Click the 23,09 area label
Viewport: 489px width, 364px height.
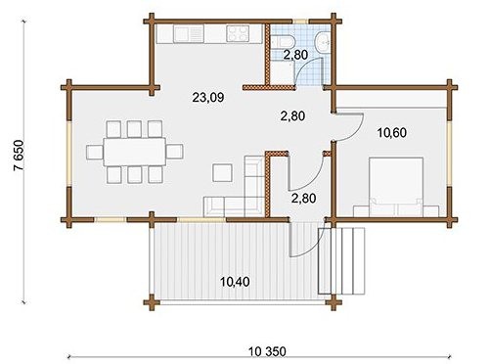(208, 97)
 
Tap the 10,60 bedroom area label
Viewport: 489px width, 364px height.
(391, 133)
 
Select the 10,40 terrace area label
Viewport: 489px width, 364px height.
(235, 281)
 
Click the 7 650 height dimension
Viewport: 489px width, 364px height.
(19, 156)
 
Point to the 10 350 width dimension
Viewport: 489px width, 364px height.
(267, 351)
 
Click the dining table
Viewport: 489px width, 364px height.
(135, 152)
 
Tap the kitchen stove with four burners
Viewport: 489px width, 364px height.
(237, 33)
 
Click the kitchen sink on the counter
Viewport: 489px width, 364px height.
(188, 34)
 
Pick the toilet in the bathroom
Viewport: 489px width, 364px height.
(284, 42)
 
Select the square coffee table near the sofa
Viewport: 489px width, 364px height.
(222, 173)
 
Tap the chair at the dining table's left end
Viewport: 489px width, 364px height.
(95, 152)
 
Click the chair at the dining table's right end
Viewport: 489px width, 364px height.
(175, 152)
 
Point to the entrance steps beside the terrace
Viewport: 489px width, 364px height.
(341, 260)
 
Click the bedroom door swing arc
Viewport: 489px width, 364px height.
(357, 130)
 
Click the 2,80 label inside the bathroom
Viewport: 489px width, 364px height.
(295, 55)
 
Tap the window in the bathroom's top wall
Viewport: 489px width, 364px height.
(300, 22)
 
